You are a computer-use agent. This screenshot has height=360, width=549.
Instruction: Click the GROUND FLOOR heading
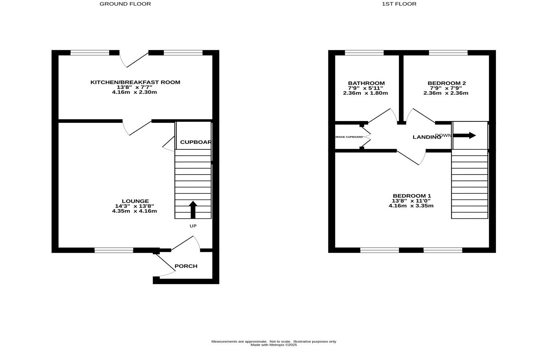125,4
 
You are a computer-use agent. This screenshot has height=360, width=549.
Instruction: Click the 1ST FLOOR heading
399,4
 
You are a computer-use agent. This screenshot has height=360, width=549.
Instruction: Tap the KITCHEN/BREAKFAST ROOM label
135,82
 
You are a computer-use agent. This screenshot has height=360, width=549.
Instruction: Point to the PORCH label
186,266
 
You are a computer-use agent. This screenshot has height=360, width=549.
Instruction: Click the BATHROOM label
366,83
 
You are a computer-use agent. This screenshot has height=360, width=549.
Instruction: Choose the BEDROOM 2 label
446,83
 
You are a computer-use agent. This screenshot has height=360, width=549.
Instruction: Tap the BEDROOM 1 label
412,196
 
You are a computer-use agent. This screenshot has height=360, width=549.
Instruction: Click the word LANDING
427,137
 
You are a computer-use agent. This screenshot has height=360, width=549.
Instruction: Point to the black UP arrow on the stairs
193,209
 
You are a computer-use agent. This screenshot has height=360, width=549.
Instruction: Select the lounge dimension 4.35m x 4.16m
134,211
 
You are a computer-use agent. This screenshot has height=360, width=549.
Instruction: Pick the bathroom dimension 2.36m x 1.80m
365,93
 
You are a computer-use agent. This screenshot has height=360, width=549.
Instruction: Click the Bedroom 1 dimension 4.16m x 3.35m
411,205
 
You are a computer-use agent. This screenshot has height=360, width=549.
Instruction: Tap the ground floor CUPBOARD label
196,142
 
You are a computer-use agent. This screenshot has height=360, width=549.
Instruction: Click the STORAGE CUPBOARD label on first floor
348,137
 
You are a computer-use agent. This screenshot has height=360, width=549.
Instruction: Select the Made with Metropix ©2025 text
273,345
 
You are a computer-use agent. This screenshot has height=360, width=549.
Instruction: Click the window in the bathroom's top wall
364,53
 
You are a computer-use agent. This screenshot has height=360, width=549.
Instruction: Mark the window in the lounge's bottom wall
114,250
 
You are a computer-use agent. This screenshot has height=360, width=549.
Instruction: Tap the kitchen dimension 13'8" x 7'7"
134,87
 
